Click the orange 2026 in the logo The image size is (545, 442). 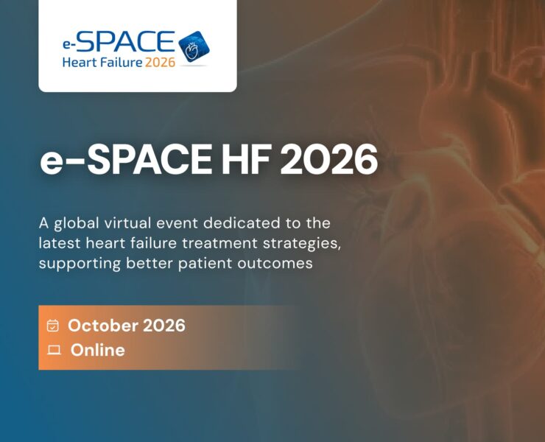click(160, 63)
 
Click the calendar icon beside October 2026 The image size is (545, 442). click(52, 326)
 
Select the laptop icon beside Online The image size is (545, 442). click(53, 350)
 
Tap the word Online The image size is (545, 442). click(97, 350)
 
